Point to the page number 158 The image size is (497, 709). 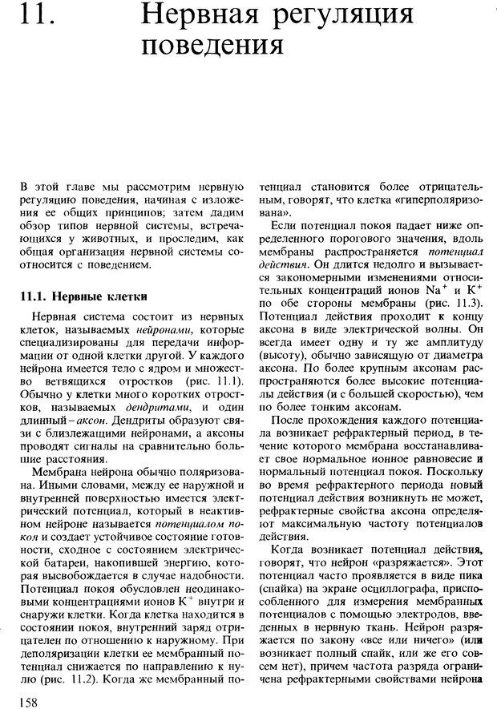click(x=32, y=701)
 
